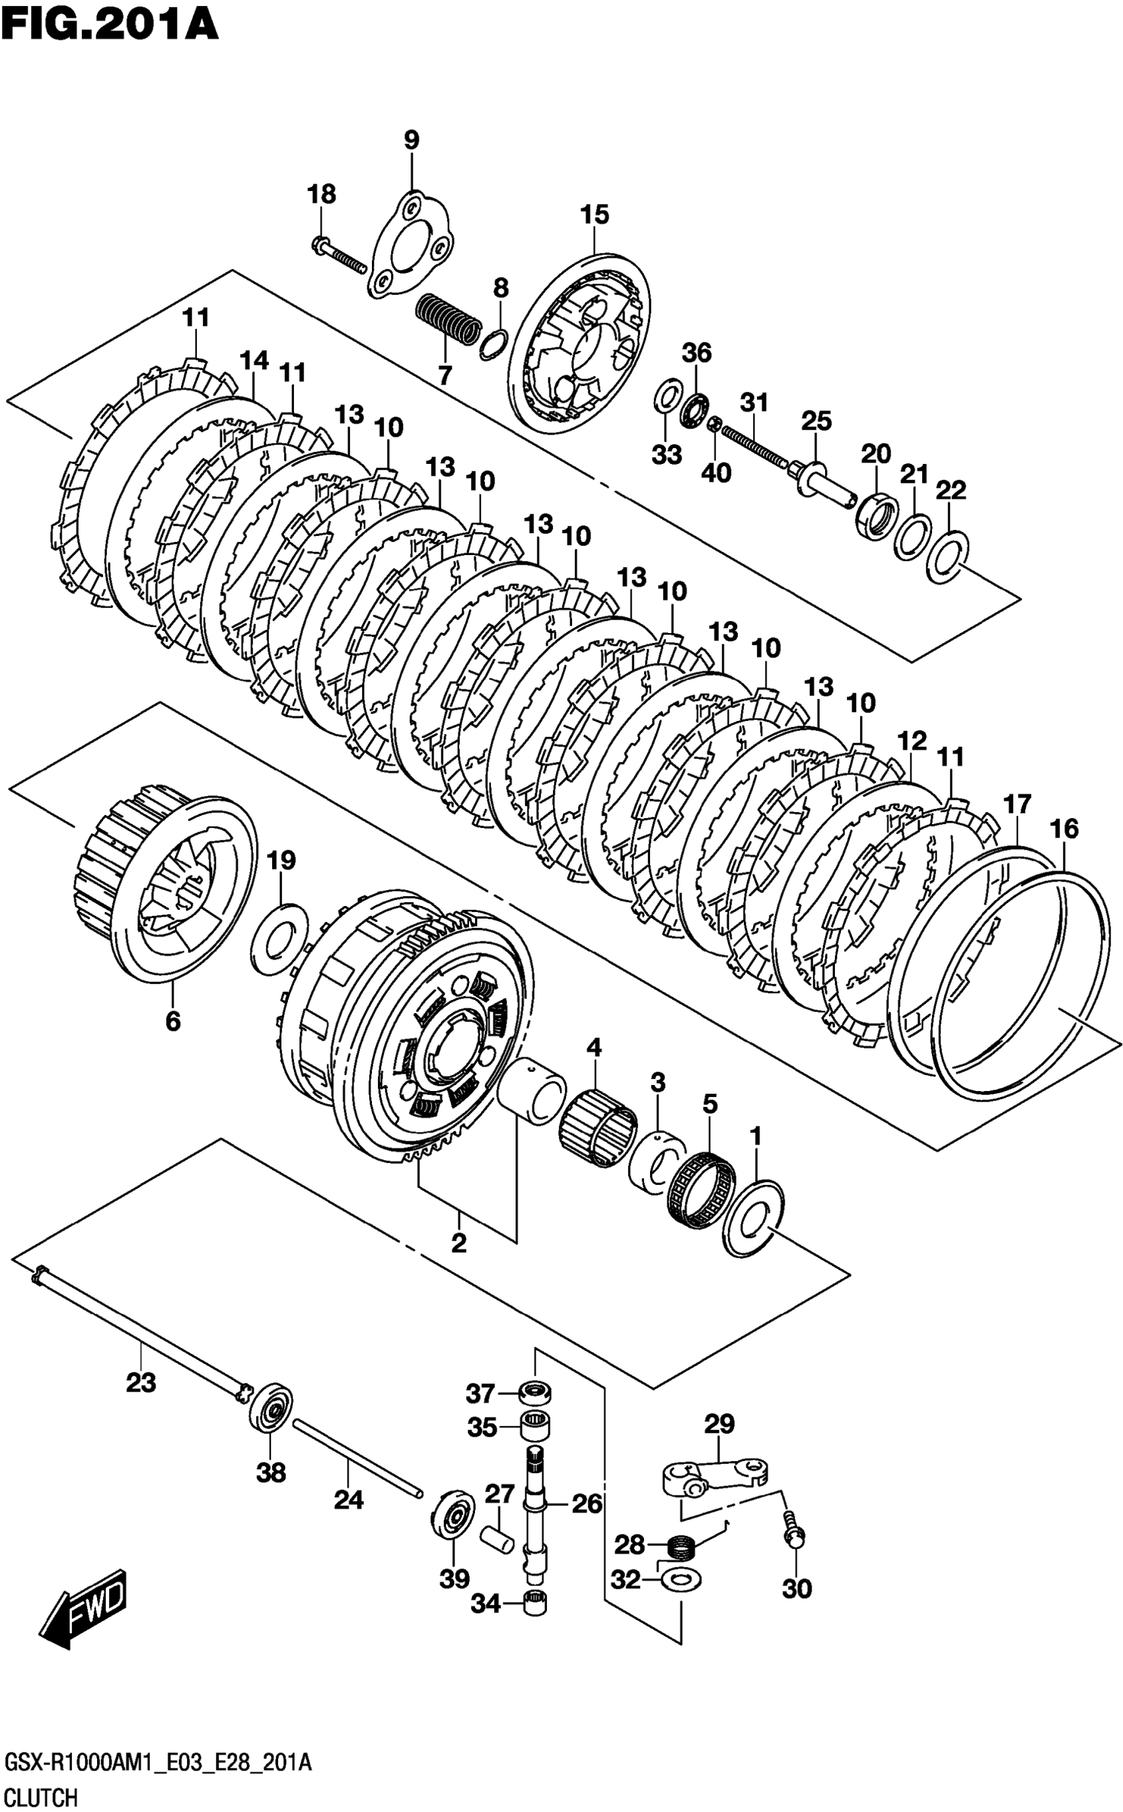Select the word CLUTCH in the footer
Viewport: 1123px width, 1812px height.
coord(41,1792)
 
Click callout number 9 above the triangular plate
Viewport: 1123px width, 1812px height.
coord(411,139)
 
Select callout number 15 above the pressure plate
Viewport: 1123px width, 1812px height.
coord(594,215)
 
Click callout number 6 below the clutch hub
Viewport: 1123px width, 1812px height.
coord(172,1022)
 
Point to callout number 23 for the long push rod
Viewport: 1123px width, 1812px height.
coord(141,1382)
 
